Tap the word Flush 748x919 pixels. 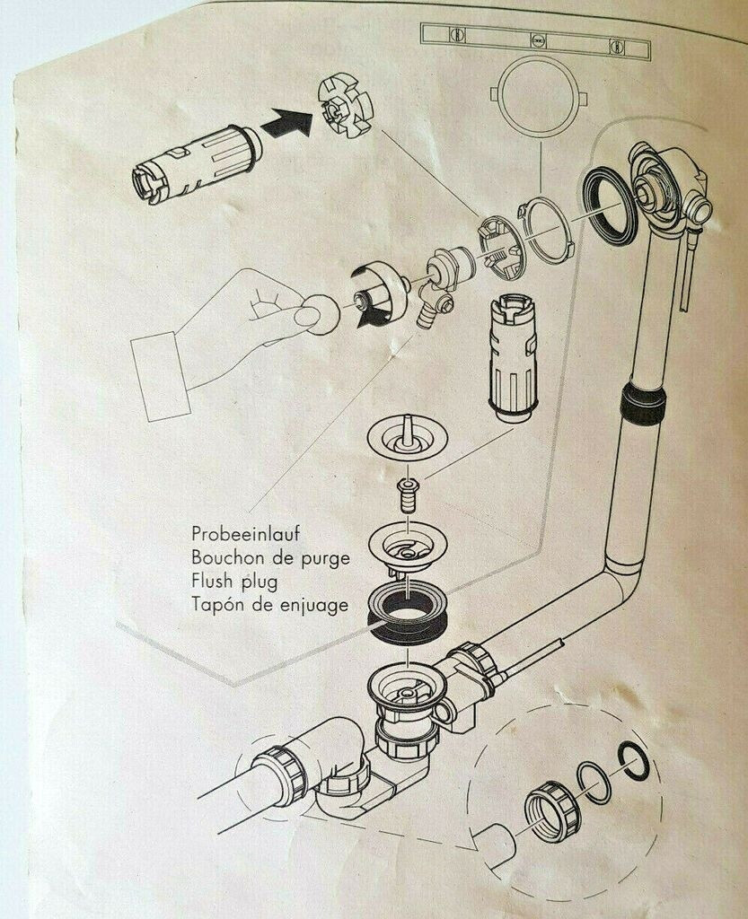coord(212,582)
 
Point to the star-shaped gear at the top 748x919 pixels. coord(345,109)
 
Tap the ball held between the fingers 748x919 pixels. coord(315,313)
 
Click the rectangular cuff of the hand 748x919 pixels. coord(160,375)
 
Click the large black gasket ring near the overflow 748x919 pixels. coord(610,206)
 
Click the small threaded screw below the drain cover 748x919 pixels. coord(409,495)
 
